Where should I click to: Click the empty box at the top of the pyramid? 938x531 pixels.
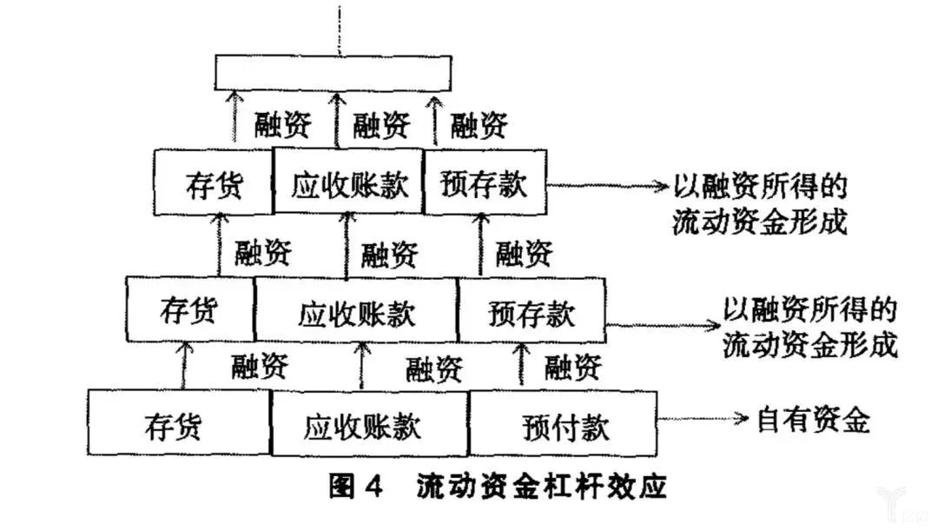[334, 72]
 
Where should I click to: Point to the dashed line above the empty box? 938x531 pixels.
[334, 26]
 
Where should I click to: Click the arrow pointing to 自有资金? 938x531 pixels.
[703, 420]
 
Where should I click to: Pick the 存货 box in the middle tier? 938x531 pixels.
[190, 310]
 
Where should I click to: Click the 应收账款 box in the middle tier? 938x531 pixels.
[356, 310]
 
